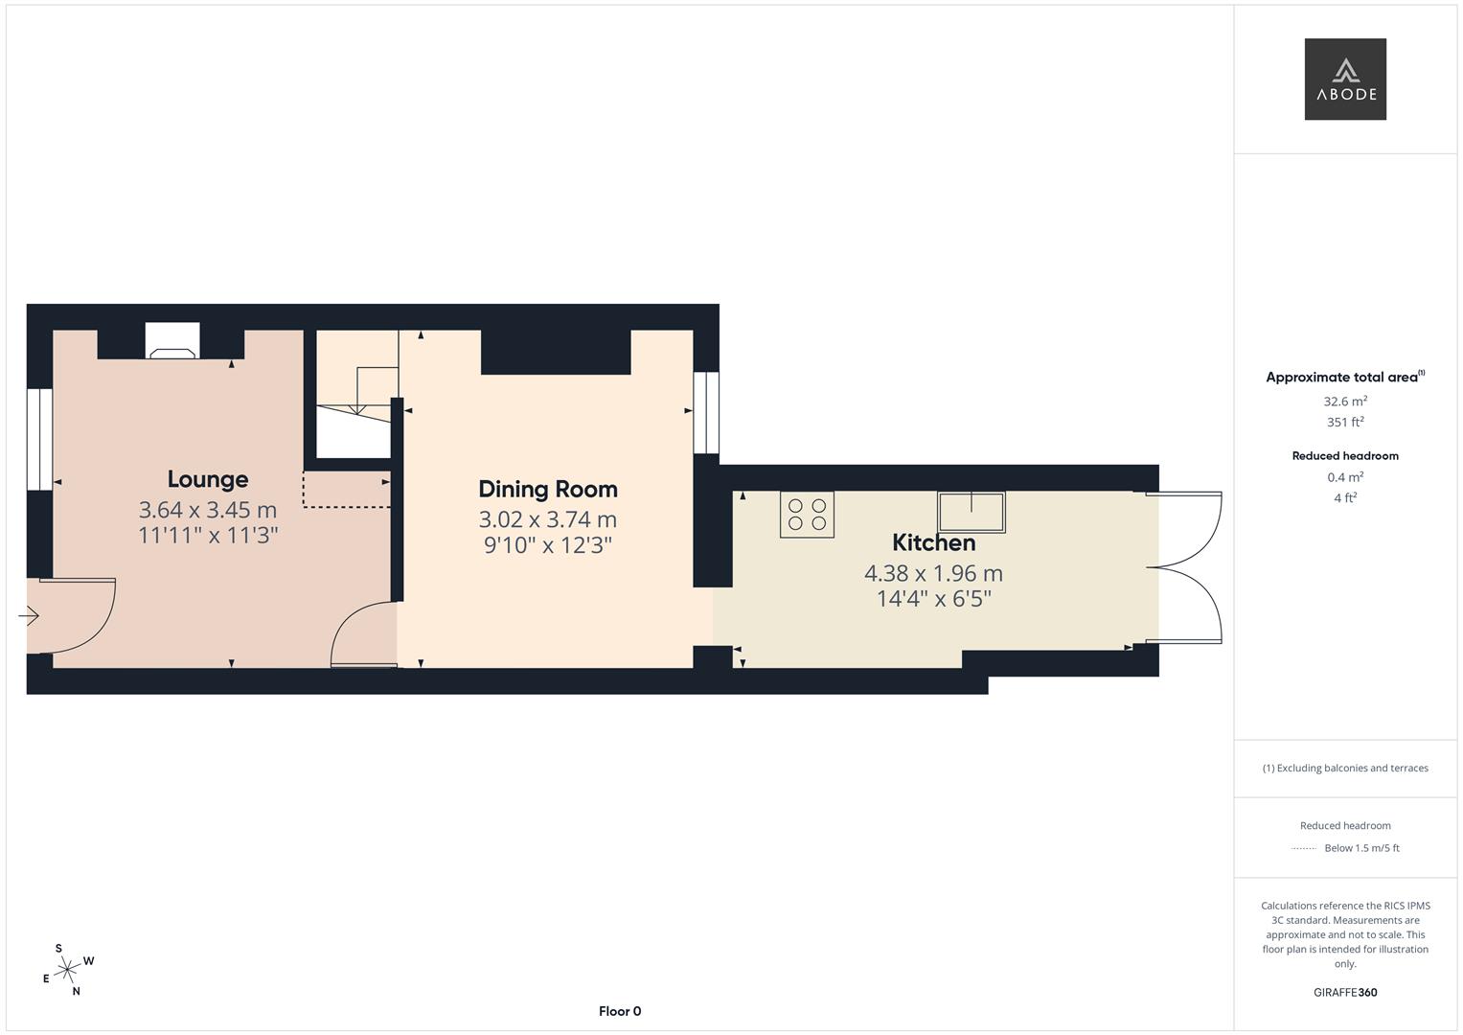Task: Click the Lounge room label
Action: pos(208,479)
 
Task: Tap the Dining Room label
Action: pos(547,489)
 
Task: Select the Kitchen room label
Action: pos(933,542)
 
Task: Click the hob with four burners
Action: pos(807,515)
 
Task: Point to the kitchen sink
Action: pos(971,512)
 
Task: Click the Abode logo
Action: pos(1345,80)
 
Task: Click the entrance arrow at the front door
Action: pos(29,616)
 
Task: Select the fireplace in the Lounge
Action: pos(172,343)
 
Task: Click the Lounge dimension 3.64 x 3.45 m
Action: pos(208,510)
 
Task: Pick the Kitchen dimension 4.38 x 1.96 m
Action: pos(933,573)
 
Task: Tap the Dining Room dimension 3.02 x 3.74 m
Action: pos(547,519)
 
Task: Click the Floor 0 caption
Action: pos(620,1011)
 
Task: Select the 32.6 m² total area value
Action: pos(1345,402)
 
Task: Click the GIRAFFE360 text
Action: pos(1345,992)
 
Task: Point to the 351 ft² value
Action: pos(1345,422)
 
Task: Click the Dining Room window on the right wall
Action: pos(706,412)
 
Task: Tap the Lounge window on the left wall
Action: pos(39,440)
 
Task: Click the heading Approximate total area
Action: pos(1343,378)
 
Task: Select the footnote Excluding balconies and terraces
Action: pos(1345,768)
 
